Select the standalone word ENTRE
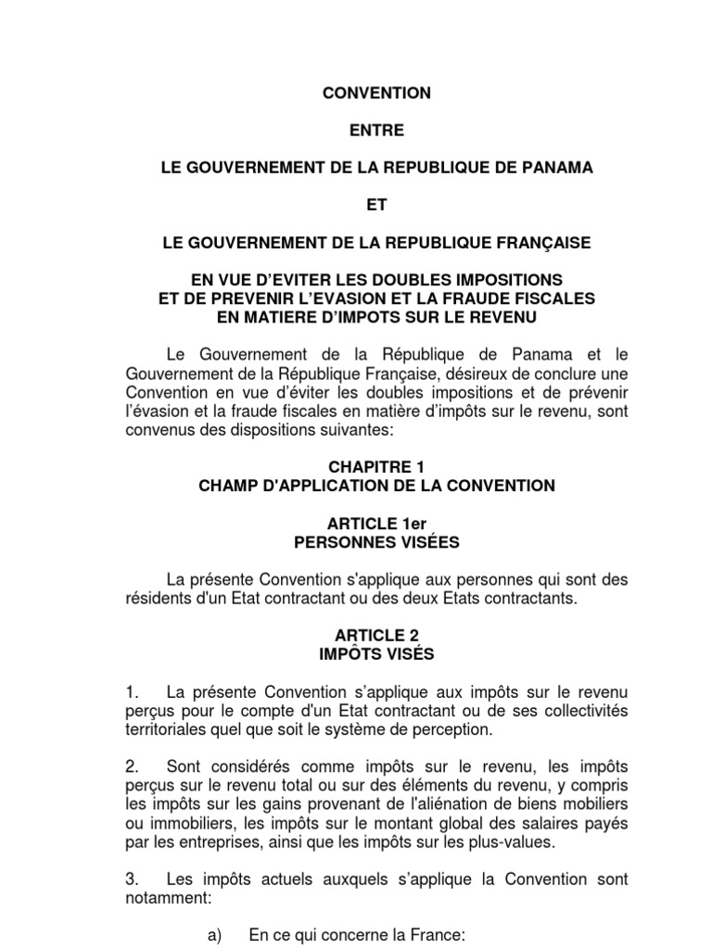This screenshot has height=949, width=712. pos(376,131)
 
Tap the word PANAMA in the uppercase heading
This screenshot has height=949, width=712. pos(553,168)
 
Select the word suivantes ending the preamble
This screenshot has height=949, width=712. pos(333,430)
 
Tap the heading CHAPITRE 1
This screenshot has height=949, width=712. pos(376,467)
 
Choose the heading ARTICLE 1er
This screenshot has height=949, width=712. pos(376,524)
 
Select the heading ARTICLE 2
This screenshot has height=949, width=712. pos(376,636)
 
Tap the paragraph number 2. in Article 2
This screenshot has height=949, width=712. pos(132,766)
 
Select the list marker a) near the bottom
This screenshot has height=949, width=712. pos(215,935)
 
